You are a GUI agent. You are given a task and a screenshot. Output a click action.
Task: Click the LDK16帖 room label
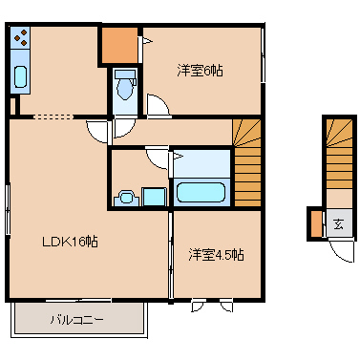(x=71, y=242)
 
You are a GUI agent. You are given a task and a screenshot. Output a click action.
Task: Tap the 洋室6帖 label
(x=200, y=71)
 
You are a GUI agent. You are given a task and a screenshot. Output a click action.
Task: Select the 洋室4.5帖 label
(x=216, y=255)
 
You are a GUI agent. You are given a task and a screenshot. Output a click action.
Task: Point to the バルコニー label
(x=76, y=319)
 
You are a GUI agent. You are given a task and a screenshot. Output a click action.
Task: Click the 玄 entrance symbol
(x=338, y=224)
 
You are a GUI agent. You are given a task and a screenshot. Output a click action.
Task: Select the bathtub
(x=201, y=192)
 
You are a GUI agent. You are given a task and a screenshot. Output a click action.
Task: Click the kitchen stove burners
(x=20, y=37)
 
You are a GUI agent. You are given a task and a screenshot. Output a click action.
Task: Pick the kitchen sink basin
(x=20, y=76)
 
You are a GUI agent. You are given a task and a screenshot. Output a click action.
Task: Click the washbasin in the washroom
(x=126, y=198)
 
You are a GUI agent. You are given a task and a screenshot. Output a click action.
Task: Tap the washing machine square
(x=154, y=197)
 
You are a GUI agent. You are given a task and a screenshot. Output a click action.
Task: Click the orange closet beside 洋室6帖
(x=119, y=45)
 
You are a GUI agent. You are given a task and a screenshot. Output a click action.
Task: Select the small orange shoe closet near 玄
(x=317, y=224)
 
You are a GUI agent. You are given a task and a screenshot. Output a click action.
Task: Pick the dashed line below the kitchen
(x=53, y=116)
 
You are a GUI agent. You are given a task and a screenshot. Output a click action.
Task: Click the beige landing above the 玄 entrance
(x=339, y=199)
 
